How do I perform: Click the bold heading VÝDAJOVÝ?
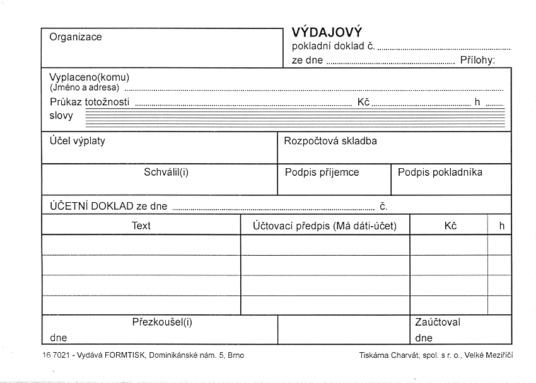pyautogui.click(x=327, y=32)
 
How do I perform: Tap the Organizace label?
pyautogui.click(x=76, y=37)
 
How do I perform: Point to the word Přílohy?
pyautogui.click(x=477, y=60)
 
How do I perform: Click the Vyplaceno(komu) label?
pyautogui.click(x=89, y=77)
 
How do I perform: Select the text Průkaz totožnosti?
pyautogui.click(x=90, y=102)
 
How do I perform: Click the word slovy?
pyautogui.click(x=61, y=116)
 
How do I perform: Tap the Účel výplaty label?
pyautogui.click(x=78, y=141)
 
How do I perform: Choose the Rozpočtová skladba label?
pyautogui.click(x=330, y=141)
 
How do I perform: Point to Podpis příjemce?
pyautogui.click(x=322, y=172)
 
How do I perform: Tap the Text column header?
pyautogui.click(x=141, y=226)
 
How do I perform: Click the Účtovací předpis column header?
pyautogui.click(x=325, y=226)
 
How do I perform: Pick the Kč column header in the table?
pyautogui.click(x=450, y=226)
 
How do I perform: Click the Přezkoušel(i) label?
pyautogui.click(x=162, y=322)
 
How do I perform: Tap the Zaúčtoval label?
pyautogui.click(x=438, y=322)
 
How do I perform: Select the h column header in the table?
pyautogui.click(x=501, y=226)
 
